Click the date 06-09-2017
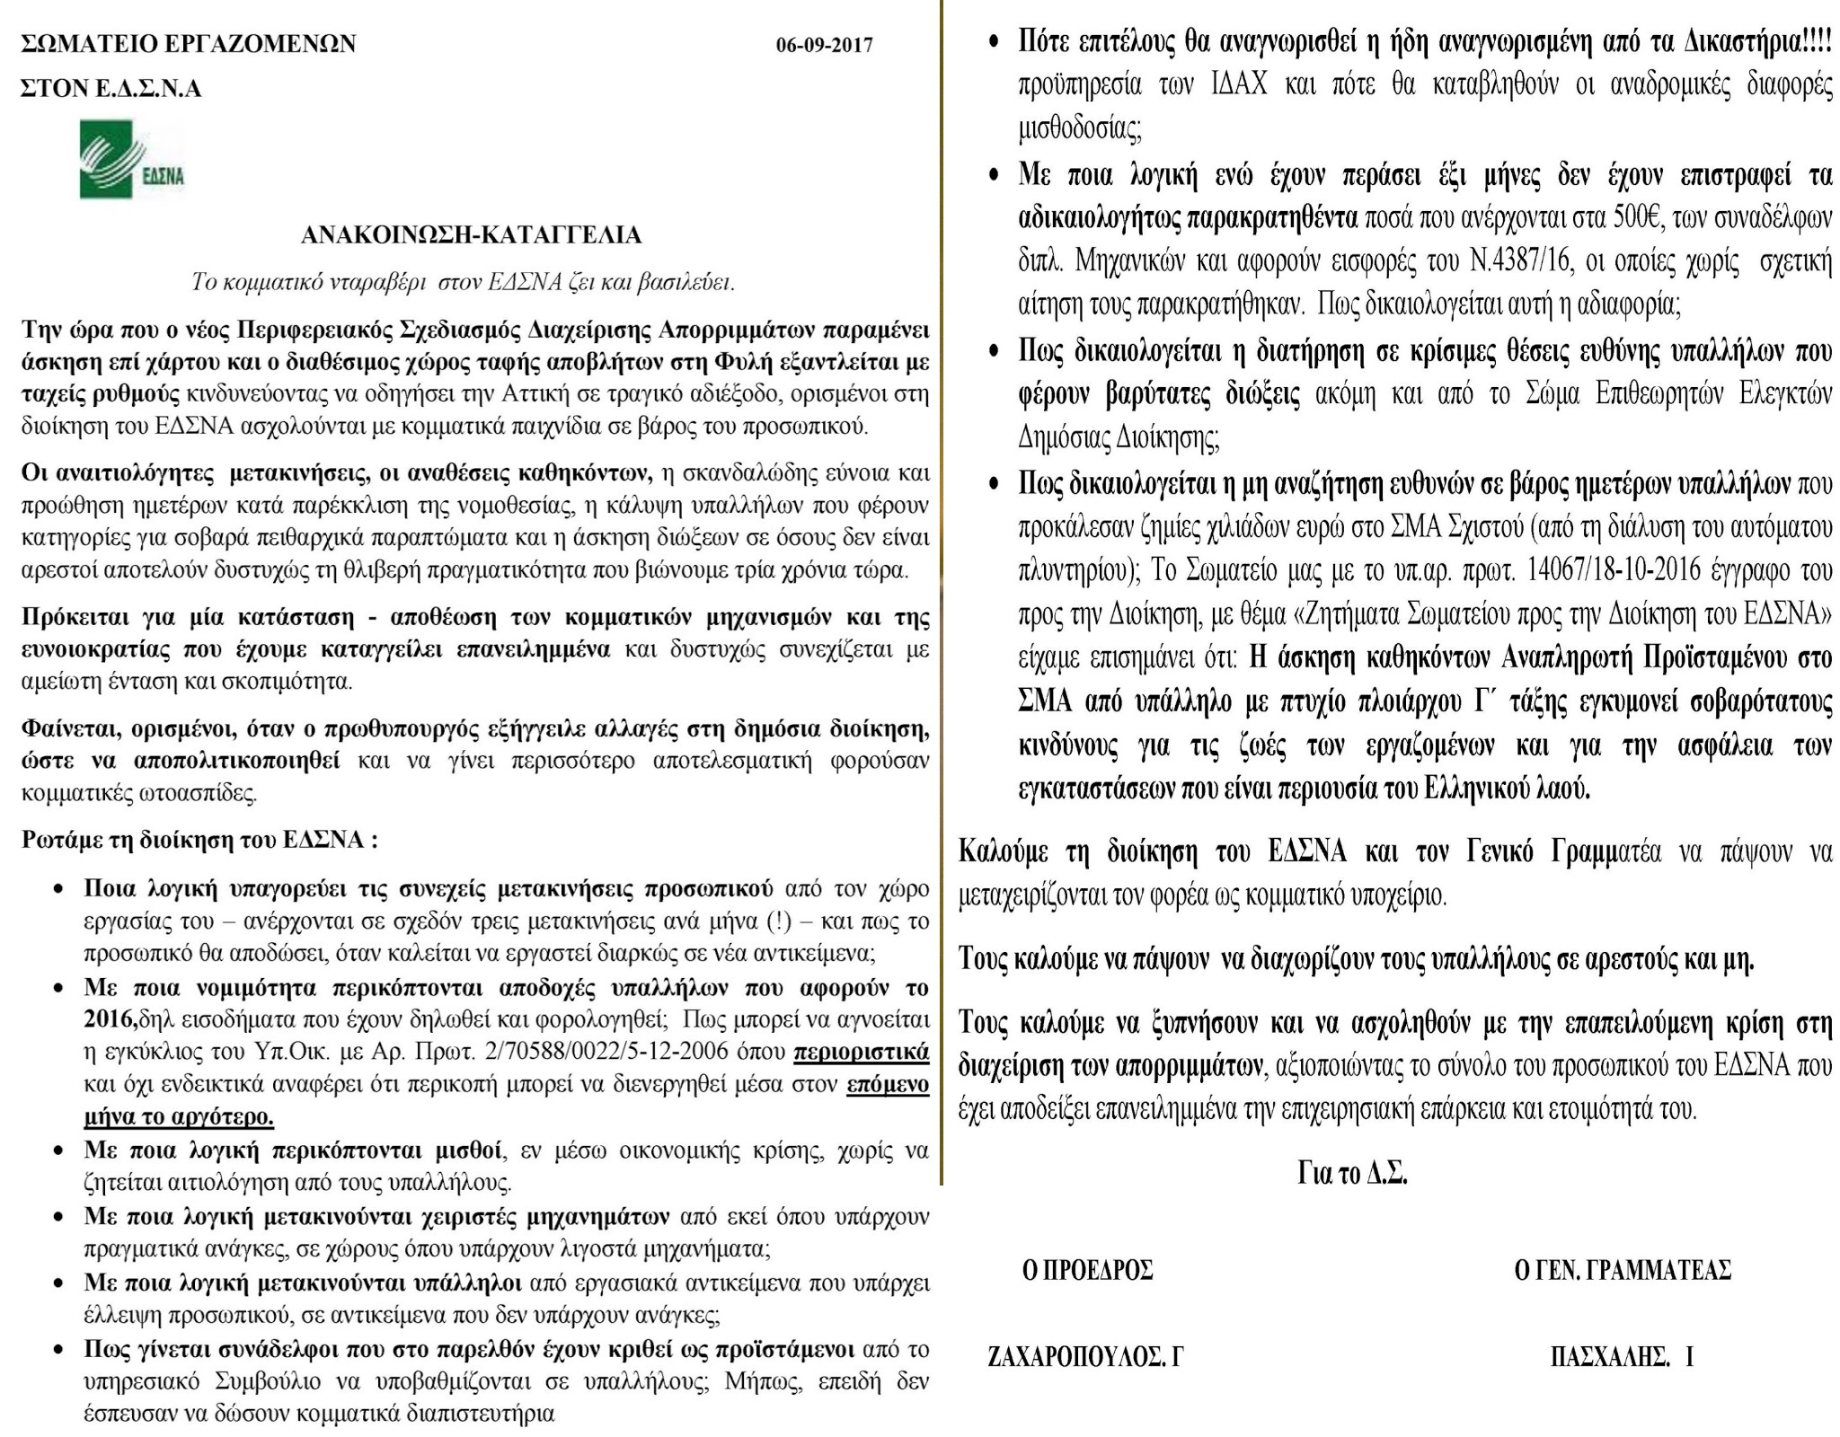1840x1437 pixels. point(824,44)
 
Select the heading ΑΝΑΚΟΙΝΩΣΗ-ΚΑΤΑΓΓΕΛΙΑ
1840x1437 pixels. point(471,235)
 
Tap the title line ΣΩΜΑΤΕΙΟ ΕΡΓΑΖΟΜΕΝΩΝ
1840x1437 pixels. point(188,43)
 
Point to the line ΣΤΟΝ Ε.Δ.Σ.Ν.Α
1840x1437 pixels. point(111,88)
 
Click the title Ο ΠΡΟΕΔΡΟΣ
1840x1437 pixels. point(1088,1270)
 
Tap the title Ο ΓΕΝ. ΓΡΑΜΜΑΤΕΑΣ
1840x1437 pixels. point(1622,1270)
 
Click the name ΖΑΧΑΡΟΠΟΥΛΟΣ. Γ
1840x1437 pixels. point(1085,1356)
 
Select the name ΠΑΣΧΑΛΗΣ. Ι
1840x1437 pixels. point(1622,1356)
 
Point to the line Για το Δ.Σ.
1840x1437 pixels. point(1352,1173)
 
